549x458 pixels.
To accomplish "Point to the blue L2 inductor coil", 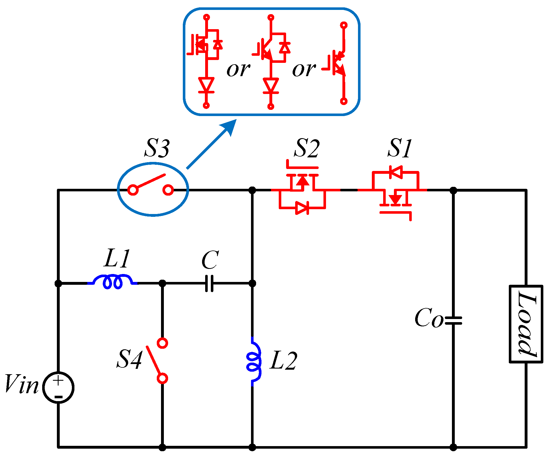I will [x=254, y=361].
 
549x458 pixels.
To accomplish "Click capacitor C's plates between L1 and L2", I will [x=209, y=283].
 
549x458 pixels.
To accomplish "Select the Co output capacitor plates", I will [x=453, y=320].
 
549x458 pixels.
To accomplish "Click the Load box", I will [x=526, y=324].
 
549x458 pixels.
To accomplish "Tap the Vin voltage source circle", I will [x=58, y=388].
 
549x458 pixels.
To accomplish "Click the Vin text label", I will [x=22, y=384].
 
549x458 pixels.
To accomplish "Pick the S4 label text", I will [x=129, y=359].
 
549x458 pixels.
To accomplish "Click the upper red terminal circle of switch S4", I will [x=162, y=343].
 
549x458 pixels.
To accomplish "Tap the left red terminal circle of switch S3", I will [x=133, y=190].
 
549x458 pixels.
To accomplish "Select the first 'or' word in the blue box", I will [x=238, y=69].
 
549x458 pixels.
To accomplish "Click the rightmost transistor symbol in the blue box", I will [x=338, y=64].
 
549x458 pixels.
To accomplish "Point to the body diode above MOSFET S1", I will [x=396, y=172].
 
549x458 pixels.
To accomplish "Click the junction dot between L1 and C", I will [x=162, y=283].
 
